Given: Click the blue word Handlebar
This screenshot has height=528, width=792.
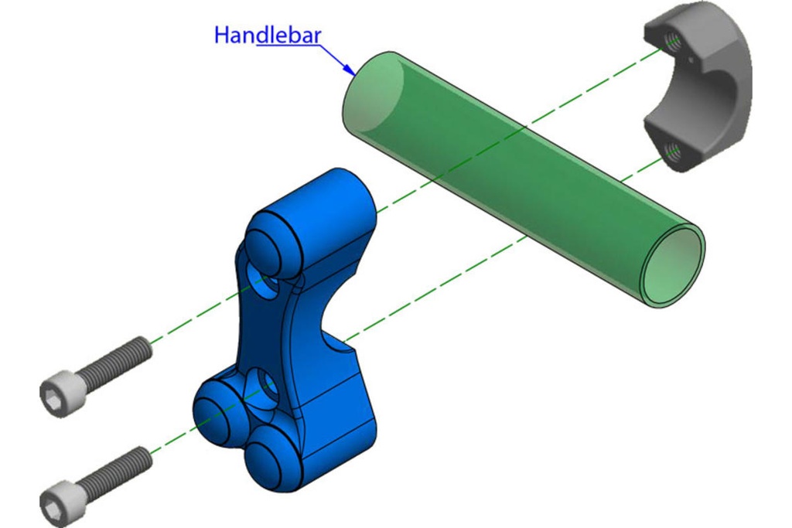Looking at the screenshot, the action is click(268, 36).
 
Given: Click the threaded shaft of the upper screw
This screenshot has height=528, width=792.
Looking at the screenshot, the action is click(116, 362).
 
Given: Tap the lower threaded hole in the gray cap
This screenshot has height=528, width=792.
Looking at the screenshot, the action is click(672, 150).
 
